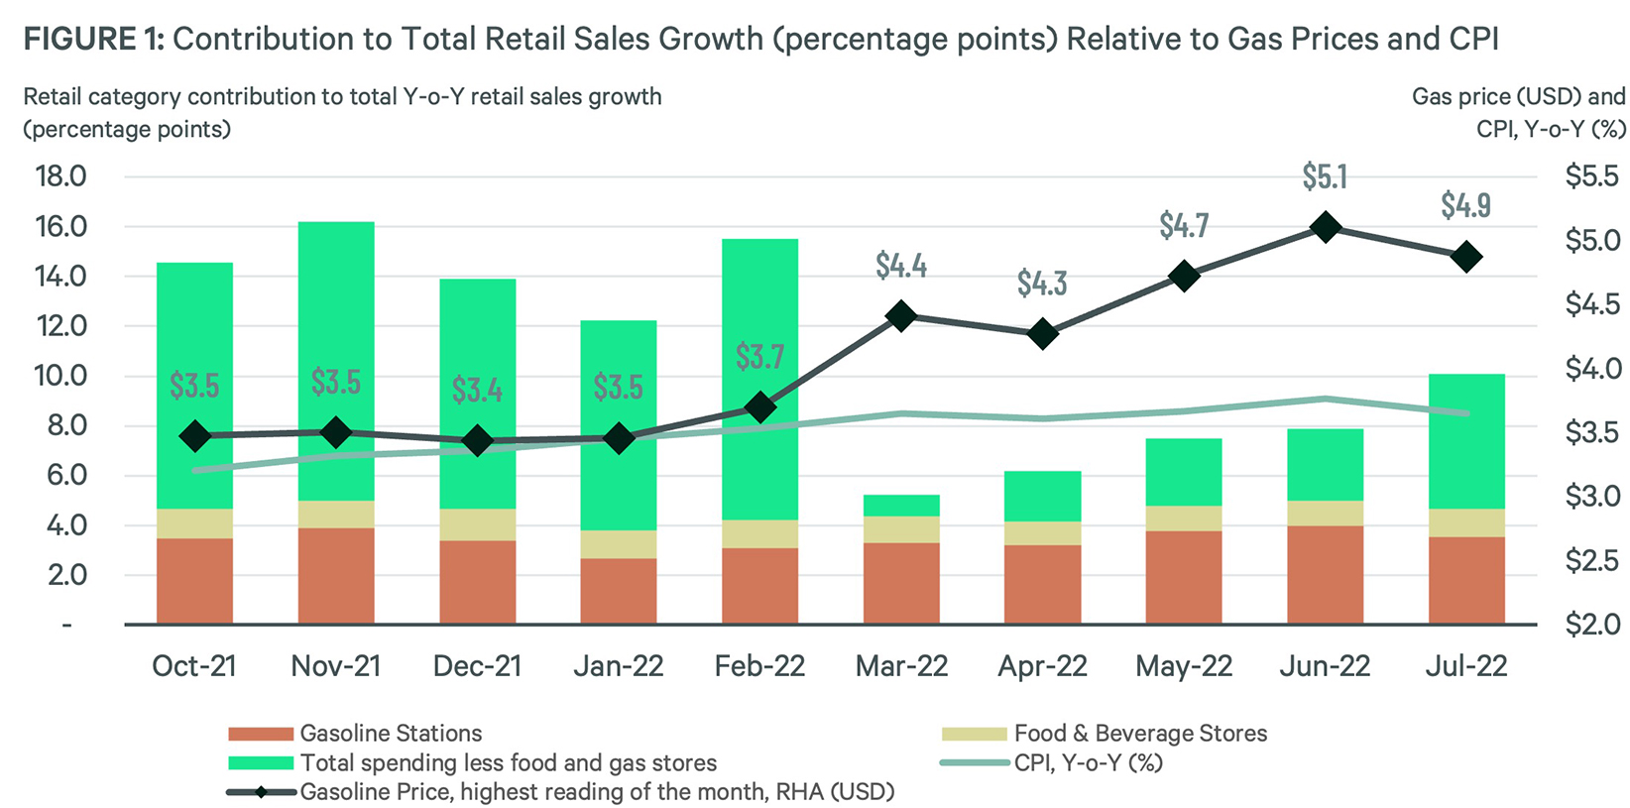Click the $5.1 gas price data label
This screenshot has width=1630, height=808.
coord(1325,177)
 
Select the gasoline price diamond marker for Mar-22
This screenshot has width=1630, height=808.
coord(901,317)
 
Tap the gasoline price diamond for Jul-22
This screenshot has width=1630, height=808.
coord(1466,258)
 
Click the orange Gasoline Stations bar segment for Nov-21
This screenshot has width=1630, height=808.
coord(336,575)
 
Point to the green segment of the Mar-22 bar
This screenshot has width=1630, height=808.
coord(901,506)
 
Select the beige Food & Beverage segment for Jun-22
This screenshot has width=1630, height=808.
coord(1325,513)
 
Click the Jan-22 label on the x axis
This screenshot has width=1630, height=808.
coord(619,666)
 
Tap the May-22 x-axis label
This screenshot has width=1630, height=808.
coord(1184,666)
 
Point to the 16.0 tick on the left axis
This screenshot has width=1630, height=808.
coord(60,227)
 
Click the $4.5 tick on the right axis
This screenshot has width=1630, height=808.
coord(1591,304)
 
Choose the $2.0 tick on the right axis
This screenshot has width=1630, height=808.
coord(1591,625)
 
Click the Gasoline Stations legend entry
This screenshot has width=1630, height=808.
coord(391,734)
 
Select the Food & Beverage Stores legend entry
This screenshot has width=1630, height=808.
coord(1140,734)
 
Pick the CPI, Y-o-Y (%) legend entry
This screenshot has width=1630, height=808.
coord(1088,762)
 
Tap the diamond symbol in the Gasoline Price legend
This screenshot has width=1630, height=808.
coord(262,792)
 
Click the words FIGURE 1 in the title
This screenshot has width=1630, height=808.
coord(92,40)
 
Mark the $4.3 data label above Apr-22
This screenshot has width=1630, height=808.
coord(1042,285)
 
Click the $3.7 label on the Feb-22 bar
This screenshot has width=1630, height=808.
coord(759,357)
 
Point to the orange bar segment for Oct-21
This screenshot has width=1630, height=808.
coord(194,581)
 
